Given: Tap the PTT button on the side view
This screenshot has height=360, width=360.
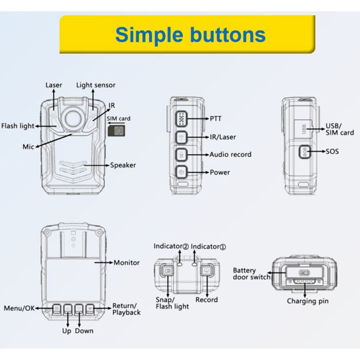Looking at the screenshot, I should pos(181,118).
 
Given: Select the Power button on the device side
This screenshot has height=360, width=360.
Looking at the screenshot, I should pos(181,171).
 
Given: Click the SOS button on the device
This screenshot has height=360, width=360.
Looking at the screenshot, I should pos(305,151).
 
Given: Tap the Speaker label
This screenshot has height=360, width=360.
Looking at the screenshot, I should pos(123,165).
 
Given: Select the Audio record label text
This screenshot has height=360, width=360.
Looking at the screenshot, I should pos(230,155).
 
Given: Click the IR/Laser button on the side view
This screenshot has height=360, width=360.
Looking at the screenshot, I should pos(181,137).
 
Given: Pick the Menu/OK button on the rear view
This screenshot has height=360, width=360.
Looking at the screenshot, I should pos(57,309).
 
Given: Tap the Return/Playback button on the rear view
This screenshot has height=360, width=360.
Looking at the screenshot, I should pos(91,309).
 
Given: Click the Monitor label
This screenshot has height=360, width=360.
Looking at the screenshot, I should pos(126,263).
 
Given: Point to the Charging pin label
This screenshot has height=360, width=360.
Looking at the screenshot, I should pos(308,301).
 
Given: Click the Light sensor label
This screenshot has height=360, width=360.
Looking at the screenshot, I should pos(96,85).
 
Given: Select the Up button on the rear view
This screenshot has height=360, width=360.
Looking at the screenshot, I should pos(68,309).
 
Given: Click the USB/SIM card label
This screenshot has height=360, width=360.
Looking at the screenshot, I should pos(339,130).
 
